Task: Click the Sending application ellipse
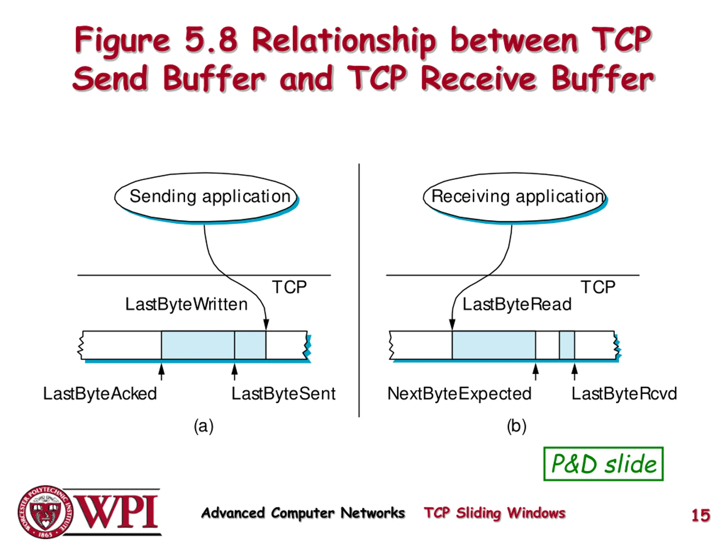206,197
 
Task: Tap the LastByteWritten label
186,304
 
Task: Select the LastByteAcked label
100,394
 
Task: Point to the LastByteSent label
284,394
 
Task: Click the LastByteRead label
517,304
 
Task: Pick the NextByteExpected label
459,394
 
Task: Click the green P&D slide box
603,464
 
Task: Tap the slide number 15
701,515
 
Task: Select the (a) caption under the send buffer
204,426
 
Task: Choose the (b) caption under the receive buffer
517,426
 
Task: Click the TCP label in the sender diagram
289,287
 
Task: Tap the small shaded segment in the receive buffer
567,345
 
